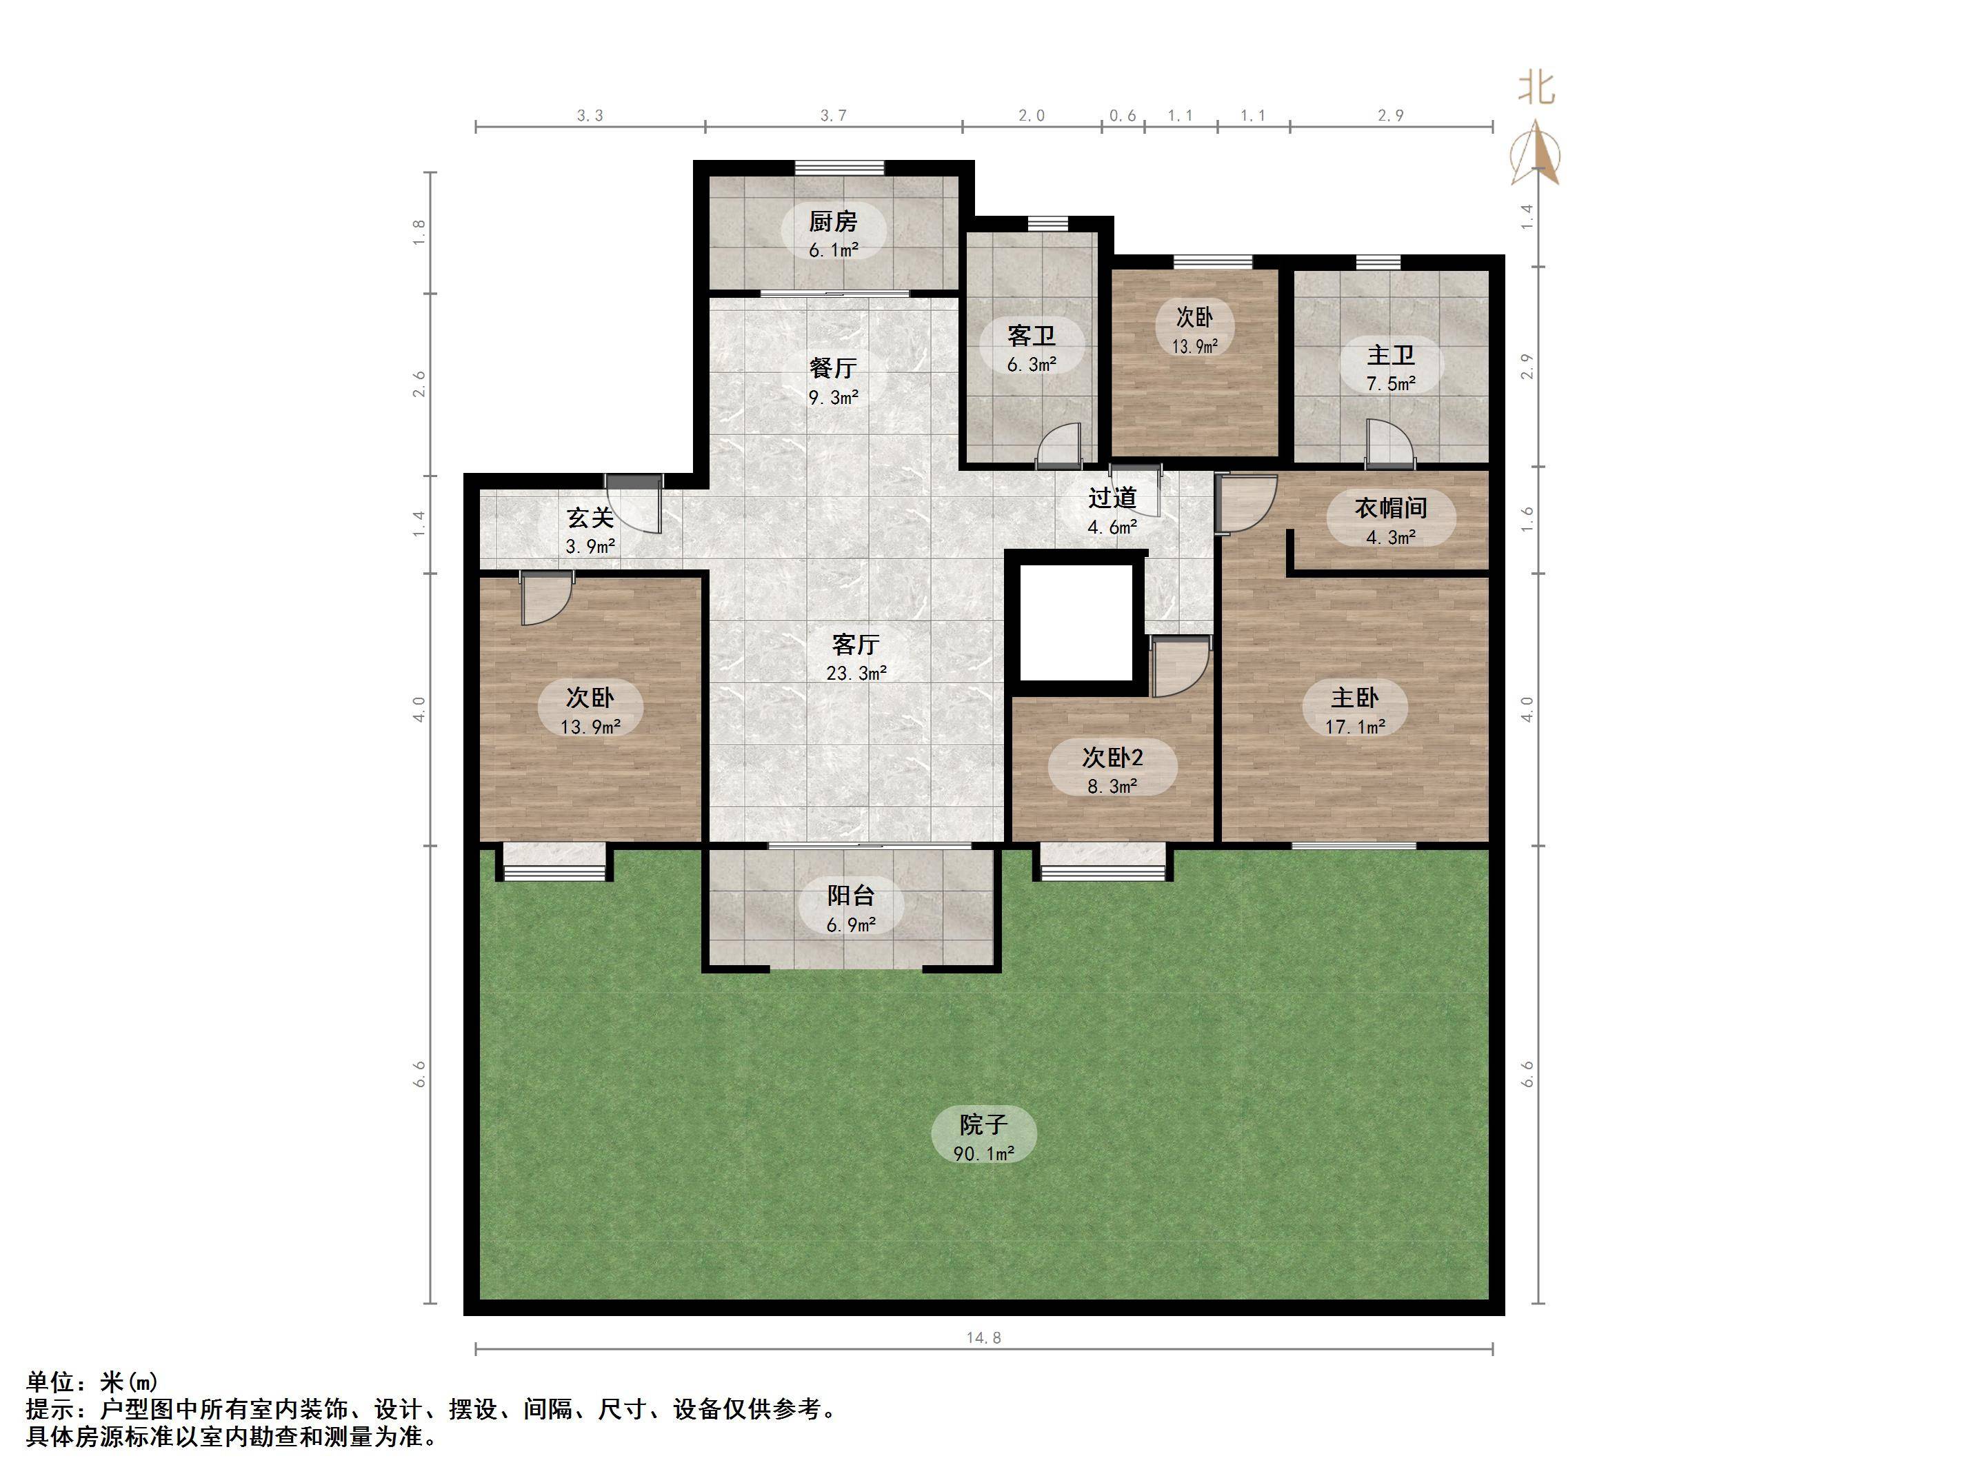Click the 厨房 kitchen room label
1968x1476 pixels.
[x=833, y=221]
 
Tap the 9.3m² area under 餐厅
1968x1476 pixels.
[x=833, y=398]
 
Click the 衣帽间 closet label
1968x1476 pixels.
[x=1391, y=508]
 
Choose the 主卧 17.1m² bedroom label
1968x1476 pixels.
[x=1354, y=711]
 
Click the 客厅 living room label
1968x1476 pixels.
[x=855, y=644]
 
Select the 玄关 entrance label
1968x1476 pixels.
[x=590, y=518]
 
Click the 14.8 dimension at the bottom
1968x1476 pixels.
[x=983, y=1337]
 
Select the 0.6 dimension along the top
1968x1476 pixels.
[x=1123, y=116]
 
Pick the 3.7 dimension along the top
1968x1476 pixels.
[x=833, y=116]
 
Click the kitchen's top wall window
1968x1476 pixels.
[x=839, y=168]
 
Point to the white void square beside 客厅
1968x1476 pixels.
[x=1076, y=622]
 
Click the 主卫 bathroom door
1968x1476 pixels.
[x=1389, y=445]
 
